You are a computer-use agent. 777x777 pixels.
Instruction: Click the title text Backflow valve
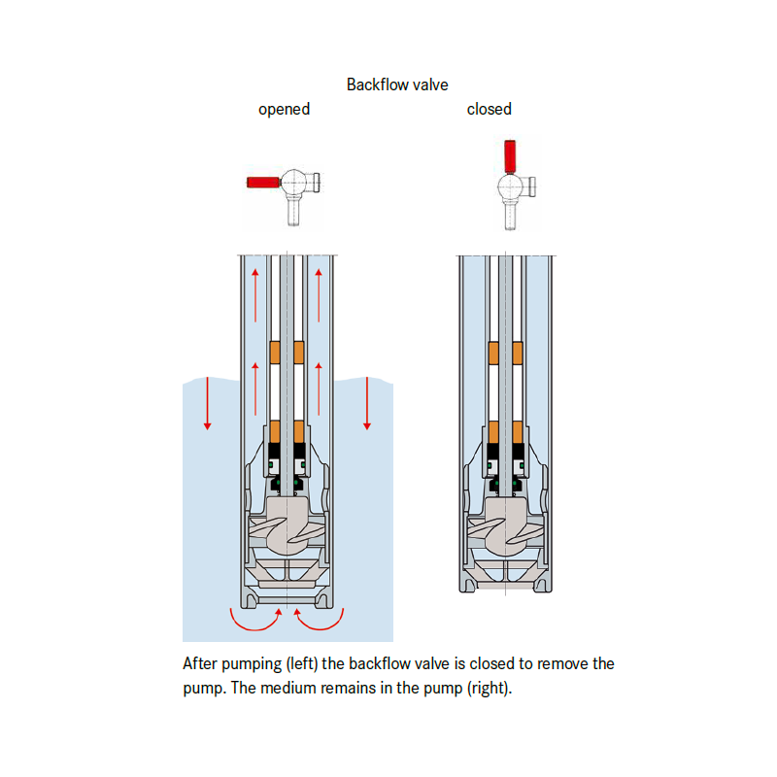(x=397, y=84)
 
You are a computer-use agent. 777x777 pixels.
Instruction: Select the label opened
(x=284, y=109)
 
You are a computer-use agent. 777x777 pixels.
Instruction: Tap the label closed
(x=489, y=109)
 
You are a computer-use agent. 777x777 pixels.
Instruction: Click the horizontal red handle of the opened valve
(x=263, y=182)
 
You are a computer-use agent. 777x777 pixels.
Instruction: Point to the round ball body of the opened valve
(x=294, y=181)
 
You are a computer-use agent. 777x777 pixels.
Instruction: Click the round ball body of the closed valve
(x=509, y=187)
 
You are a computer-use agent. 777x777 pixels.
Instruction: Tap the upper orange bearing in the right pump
(x=505, y=351)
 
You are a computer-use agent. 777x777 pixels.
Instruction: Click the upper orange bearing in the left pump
(x=287, y=351)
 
